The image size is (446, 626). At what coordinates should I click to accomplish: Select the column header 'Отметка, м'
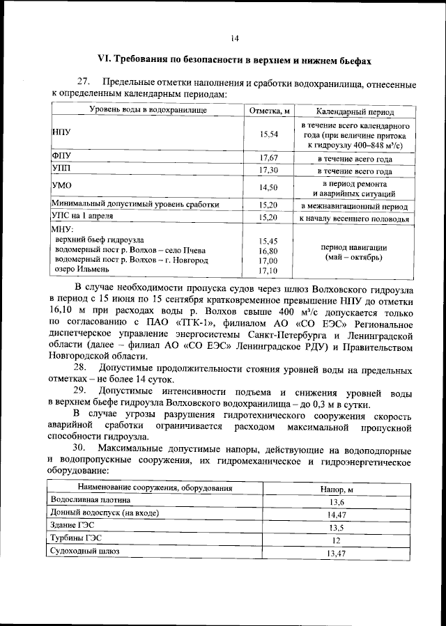[x=269, y=111]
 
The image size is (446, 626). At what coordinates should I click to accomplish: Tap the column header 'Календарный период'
[x=355, y=111]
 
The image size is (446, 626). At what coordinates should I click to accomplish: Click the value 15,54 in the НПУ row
[x=269, y=134]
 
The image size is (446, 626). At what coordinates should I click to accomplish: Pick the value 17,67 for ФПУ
[x=269, y=158]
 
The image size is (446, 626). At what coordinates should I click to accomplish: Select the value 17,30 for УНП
[x=269, y=170]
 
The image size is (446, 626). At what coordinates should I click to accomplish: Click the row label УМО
[x=62, y=185]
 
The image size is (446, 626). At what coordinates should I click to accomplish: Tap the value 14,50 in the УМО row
[x=269, y=188]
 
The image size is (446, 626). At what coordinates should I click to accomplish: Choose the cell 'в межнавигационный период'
[x=355, y=206]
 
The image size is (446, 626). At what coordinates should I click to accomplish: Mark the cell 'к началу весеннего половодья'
[x=355, y=218]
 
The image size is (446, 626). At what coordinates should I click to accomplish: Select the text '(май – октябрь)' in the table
[x=354, y=257]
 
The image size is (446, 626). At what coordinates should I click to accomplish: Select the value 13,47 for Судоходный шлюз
[x=337, y=553]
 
